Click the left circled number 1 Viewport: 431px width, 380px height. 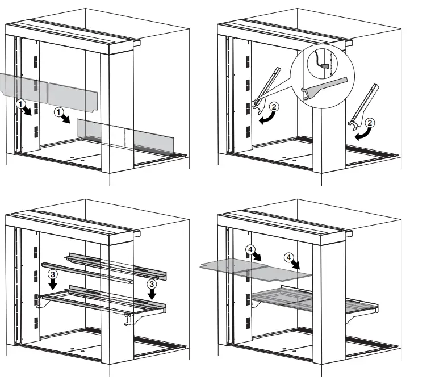[20, 104]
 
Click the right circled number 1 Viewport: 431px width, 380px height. [60, 113]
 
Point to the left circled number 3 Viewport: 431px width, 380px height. [52, 274]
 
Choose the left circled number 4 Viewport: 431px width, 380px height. [250, 249]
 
